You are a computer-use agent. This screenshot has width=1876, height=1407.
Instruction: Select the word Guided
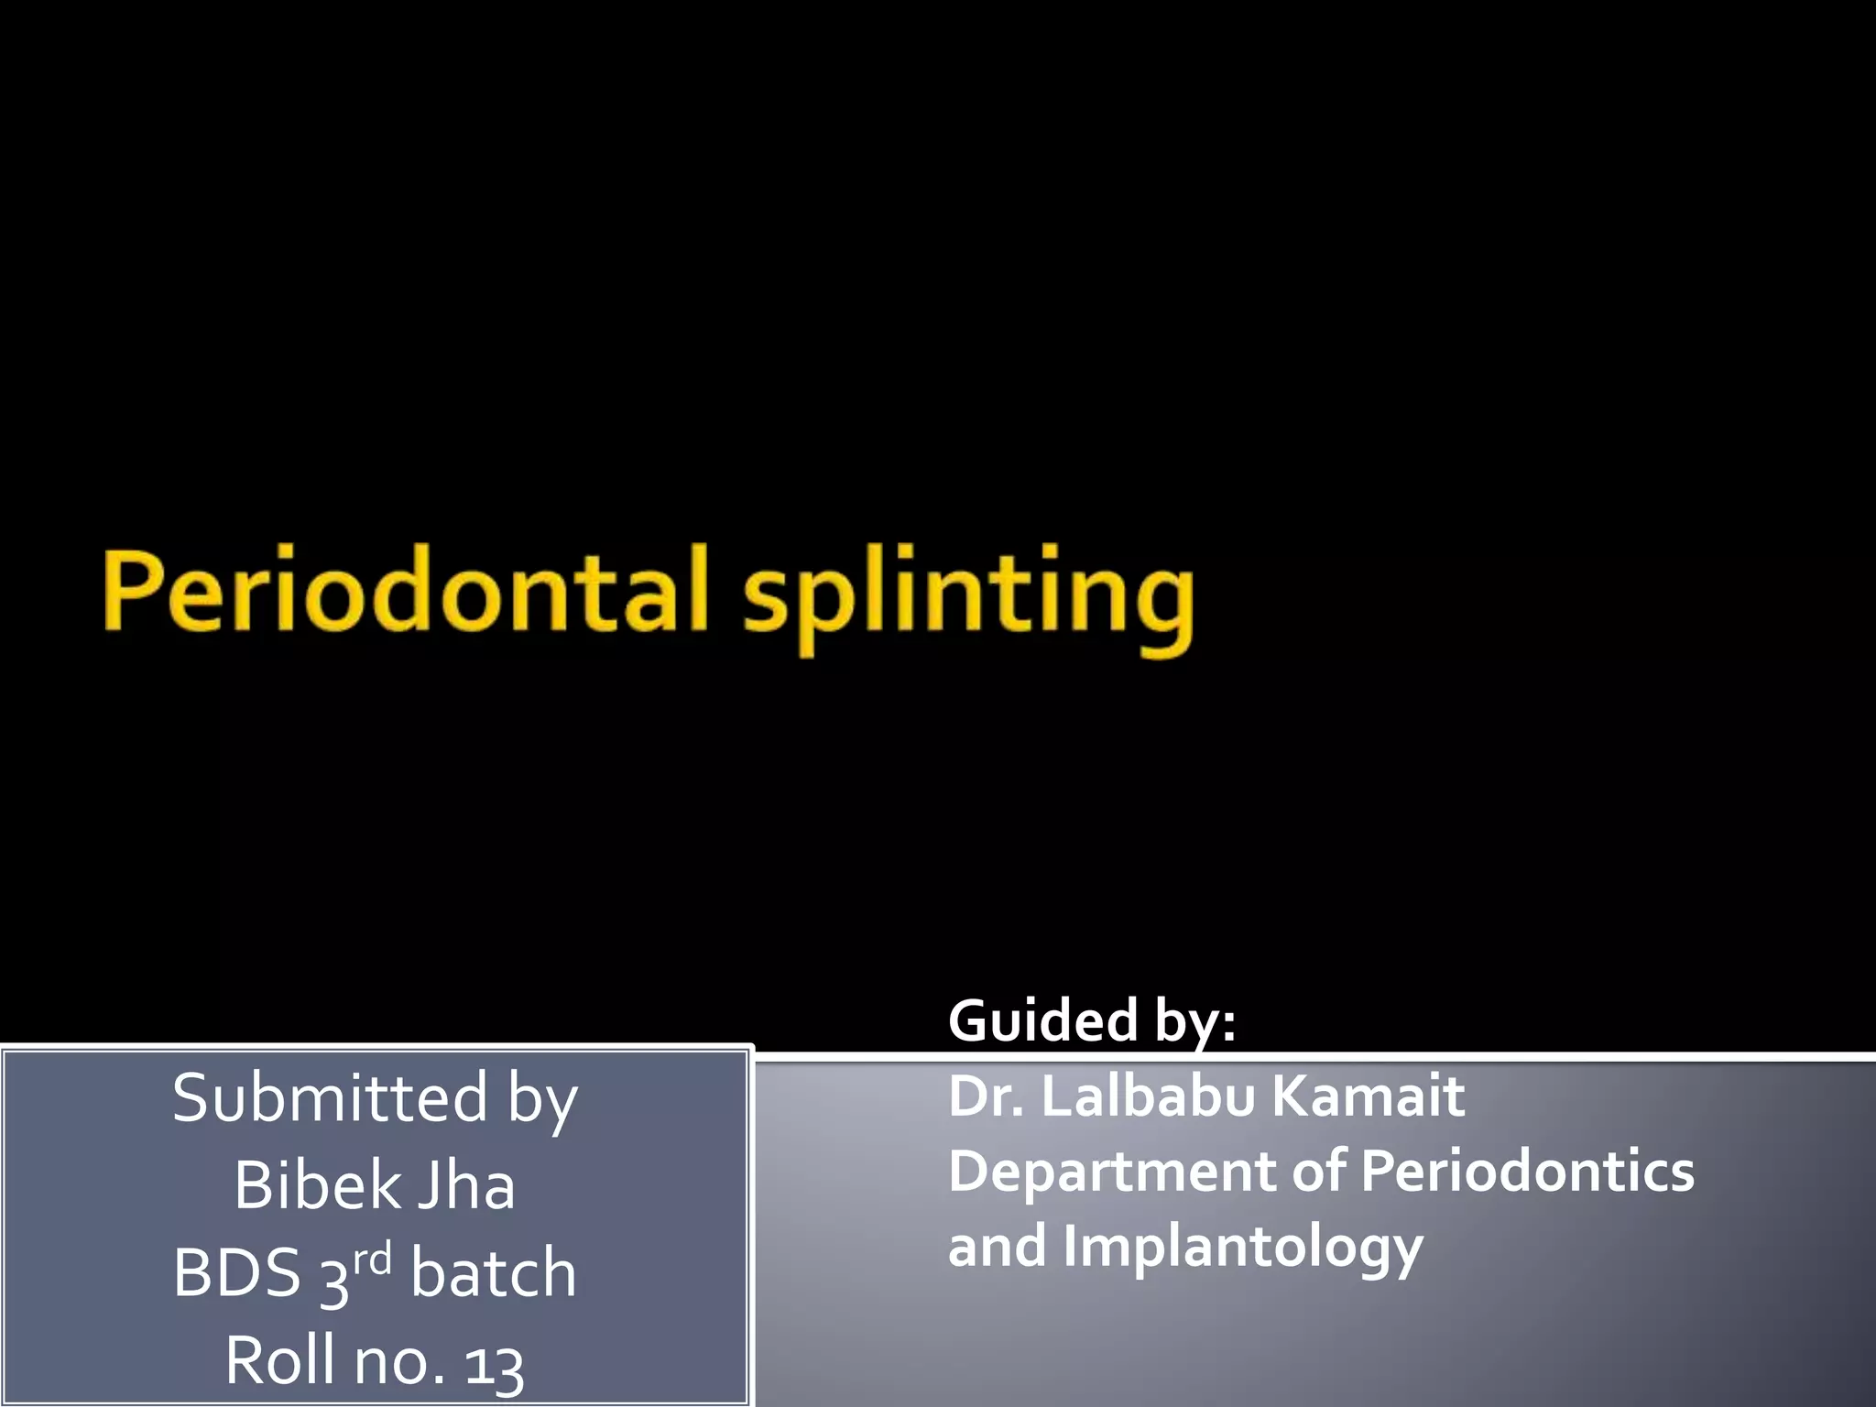[1043, 1020]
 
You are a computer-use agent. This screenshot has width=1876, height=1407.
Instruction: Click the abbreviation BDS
[236, 1273]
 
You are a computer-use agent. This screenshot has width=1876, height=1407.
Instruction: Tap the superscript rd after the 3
[372, 1260]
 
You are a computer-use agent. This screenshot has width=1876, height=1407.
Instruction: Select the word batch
[493, 1273]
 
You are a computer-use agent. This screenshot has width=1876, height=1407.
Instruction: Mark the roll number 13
[494, 1363]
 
